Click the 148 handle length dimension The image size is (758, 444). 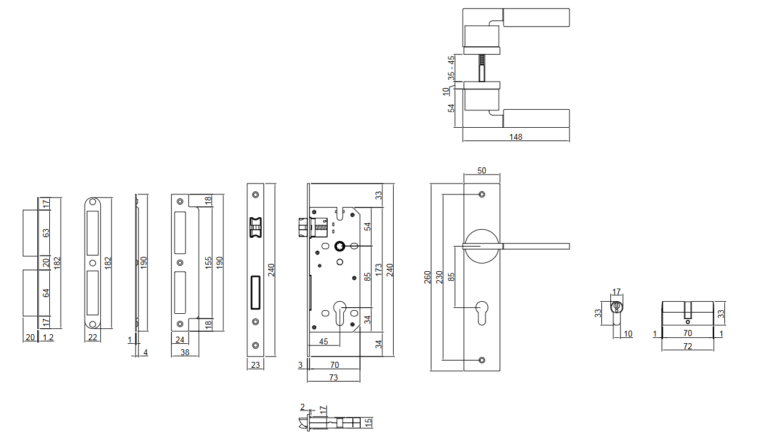[516, 137]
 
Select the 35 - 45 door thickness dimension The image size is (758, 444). [451, 68]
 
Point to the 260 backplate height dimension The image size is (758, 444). [428, 277]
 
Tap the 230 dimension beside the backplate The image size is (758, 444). [439, 277]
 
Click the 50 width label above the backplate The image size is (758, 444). [481, 170]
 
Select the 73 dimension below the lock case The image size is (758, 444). [334, 377]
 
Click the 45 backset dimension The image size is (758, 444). [323, 341]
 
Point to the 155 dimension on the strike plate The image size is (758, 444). [208, 263]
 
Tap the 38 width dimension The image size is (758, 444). [185, 352]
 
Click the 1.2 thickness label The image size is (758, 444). [49, 338]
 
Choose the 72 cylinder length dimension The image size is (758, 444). [688, 347]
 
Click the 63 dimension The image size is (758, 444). [46, 233]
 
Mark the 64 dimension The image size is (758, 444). [46, 293]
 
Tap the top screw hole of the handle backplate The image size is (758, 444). [481, 195]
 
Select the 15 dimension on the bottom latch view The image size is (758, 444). [369, 423]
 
